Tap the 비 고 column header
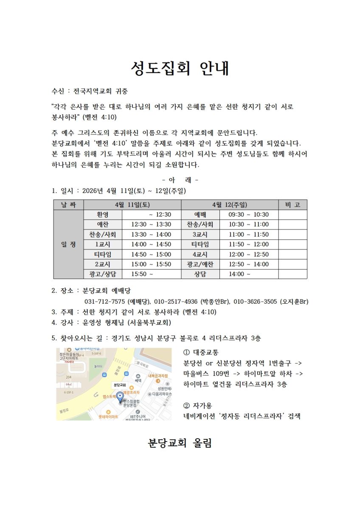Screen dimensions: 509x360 point(292,205)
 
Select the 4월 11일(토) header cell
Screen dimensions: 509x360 point(132,205)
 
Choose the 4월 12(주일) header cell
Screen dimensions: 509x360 point(230,205)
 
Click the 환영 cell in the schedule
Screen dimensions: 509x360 point(103,215)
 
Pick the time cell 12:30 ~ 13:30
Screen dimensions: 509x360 point(151,224)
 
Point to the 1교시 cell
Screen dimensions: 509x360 point(103,244)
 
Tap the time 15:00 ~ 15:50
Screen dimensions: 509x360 point(151,264)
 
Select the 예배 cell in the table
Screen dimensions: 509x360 point(200,215)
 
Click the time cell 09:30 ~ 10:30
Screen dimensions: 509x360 point(249,215)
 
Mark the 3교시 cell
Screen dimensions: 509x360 point(200,235)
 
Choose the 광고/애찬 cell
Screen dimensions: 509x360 point(200,264)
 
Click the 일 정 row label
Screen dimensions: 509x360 point(68,244)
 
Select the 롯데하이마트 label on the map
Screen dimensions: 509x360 point(108,417)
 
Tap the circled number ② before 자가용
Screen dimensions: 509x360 point(187,406)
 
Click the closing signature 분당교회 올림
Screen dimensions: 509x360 point(180,443)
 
